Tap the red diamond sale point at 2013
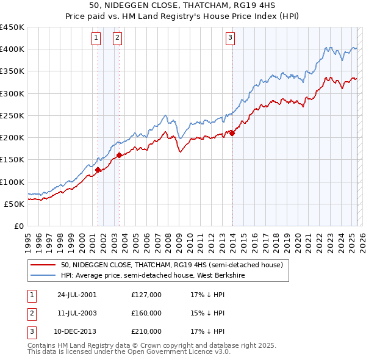pyautogui.click(x=232, y=133)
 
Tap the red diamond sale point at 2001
pyautogui.click(x=98, y=170)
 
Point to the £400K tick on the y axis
pyautogui.click(x=12, y=49)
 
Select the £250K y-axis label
pyautogui.click(x=12, y=115)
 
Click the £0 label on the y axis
pyautogui.click(x=18, y=226)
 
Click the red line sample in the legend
pyautogui.click(x=43, y=265)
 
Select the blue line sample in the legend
pyautogui.click(x=43, y=276)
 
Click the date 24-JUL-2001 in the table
pyautogui.click(x=77, y=295)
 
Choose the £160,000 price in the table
pyautogui.click(x=146, y=313)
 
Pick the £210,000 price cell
pyautogui.click(x=146, y=331)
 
